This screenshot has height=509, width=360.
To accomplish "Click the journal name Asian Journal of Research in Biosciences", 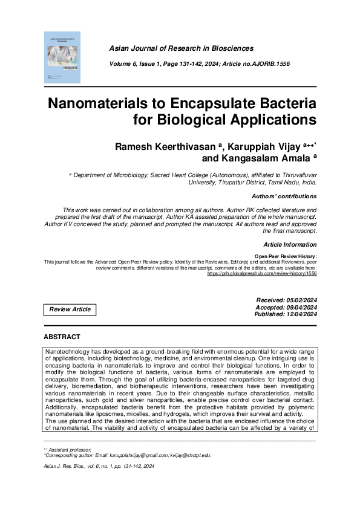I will click(x=181, y=48).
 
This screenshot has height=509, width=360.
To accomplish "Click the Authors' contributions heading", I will click(x=284, y=196).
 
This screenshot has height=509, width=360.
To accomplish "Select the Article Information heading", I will click(x=290, y=244).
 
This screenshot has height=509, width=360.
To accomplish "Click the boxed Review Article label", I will click(x=70, y=310).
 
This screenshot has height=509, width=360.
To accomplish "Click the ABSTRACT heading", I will click(x=62, y=336).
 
